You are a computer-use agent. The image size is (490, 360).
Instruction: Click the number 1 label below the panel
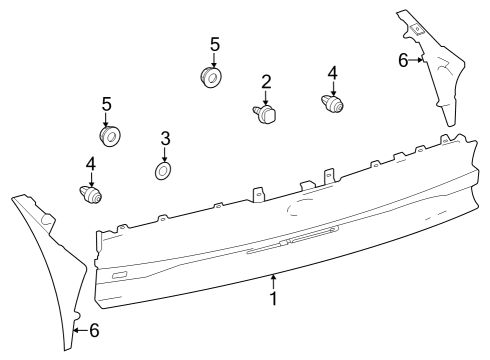tap(273, 298)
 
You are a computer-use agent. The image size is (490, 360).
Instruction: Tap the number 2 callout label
tap(267, 81)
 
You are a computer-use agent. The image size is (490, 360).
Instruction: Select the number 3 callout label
tap(166, 138)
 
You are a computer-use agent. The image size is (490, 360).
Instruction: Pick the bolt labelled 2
tap(265, 114)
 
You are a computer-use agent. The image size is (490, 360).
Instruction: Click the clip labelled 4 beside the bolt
tap(333, 103)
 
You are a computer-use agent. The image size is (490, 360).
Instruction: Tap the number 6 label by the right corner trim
tap(403, 60)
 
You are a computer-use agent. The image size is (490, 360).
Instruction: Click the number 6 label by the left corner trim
tap(94, 328)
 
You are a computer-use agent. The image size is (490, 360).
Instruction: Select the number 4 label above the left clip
tap(90, 162)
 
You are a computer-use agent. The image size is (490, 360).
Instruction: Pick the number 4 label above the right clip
tap(333, 73)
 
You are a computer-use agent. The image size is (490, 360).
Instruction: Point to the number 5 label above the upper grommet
tap(214, 45)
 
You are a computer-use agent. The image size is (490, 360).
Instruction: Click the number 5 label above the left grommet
tap(106, 103)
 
